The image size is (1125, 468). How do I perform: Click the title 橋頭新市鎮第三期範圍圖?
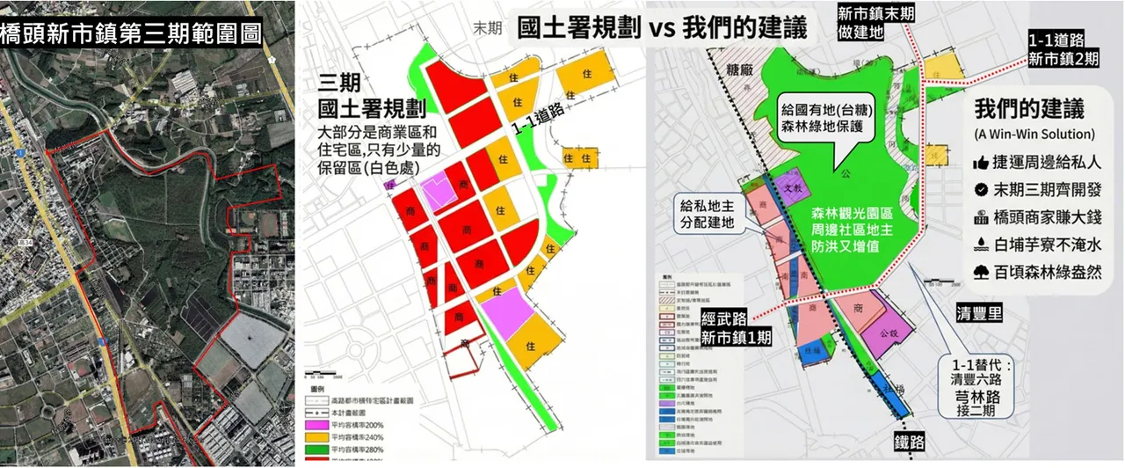click(132, 33)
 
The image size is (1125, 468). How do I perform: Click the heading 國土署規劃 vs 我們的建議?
click(661, 27)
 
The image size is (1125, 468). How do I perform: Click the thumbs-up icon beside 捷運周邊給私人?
click(982, 164)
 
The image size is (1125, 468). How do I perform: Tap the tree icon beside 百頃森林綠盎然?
click(982, 271)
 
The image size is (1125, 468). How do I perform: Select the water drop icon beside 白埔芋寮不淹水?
click(982, 245)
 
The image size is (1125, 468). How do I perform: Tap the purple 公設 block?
click(883, 335)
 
